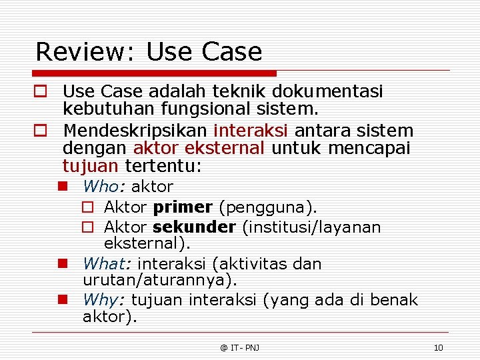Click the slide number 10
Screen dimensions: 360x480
[438, 347]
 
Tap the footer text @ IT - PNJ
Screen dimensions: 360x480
[240, 347]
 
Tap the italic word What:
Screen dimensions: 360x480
[110, 264]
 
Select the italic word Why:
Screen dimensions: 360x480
[105, 300]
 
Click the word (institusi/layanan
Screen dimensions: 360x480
[311, 227]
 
